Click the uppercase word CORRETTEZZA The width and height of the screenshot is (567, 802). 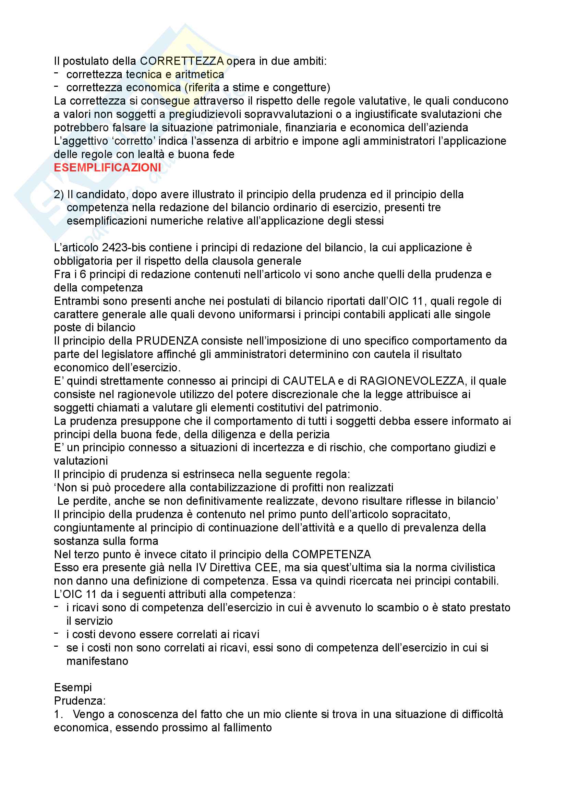coord(182,61)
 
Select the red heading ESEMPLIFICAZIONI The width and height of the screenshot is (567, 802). coord(107,168)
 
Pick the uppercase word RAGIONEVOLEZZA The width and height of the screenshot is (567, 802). coord(412,381)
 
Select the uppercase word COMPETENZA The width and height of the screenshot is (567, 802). coord(331,554)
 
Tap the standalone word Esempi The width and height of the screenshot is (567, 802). coord(73,687)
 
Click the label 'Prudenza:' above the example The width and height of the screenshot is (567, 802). coord(80,701)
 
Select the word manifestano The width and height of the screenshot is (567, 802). coord(97,661)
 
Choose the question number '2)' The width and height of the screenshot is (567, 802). coord(59,194)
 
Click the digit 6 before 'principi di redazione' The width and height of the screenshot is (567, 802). coord(83,274)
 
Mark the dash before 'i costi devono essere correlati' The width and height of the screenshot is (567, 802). coord(56,633)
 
